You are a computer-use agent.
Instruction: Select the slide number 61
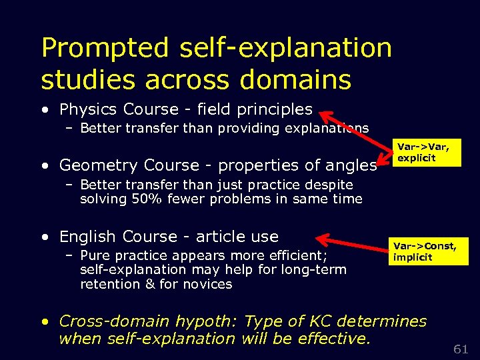pos(460,349)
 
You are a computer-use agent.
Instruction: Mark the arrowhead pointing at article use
pos(321,238)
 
